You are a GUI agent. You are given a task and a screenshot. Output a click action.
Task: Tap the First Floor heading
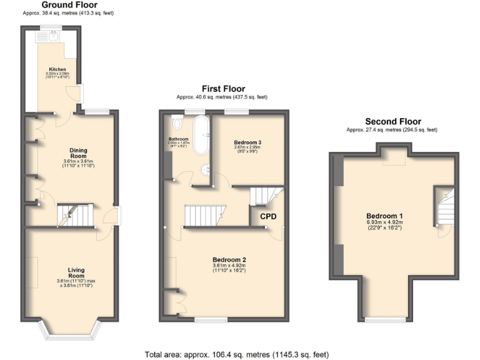point(222,89)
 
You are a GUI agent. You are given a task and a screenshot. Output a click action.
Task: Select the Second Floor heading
point(392,122)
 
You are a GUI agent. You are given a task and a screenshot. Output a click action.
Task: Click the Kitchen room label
point(57,69)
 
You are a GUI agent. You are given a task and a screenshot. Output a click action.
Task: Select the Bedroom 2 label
point(229,259)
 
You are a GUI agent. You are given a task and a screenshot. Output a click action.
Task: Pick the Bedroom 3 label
point(247,142)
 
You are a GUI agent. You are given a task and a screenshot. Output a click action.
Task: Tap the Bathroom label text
point(178,139)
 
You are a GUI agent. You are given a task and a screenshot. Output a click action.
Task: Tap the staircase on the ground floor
point(74,216)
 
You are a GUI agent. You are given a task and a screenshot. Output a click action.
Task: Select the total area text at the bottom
point(236,354)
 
